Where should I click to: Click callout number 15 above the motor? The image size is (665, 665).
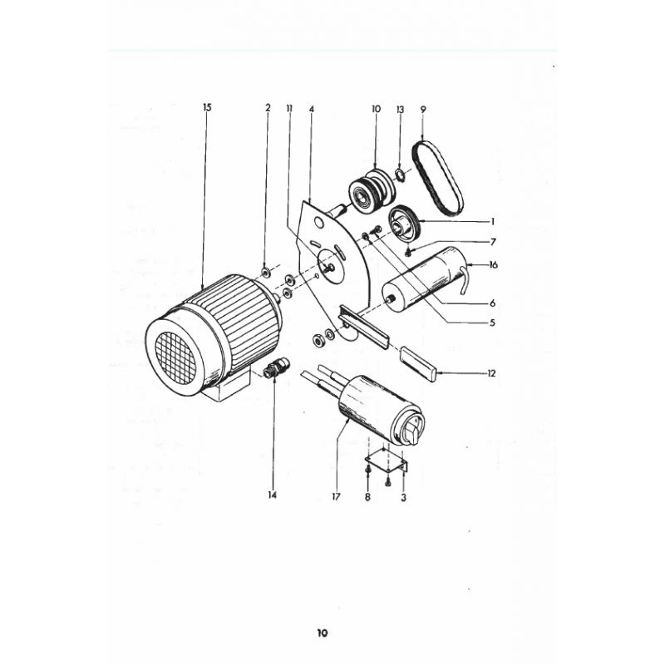coord(207,107)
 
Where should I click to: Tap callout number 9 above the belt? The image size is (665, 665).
coord(423,109)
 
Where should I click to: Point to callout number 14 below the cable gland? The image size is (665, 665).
coord(273,495)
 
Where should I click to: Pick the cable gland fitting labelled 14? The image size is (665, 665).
coord(276,367)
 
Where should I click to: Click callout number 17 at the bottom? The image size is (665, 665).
coord(337,496)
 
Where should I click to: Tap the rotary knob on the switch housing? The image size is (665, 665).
coord(411,429)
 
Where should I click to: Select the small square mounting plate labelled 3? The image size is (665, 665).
coord(387,461)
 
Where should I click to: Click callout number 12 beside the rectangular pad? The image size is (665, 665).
coord(491,373)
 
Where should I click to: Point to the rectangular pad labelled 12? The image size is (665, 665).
coord(418,363)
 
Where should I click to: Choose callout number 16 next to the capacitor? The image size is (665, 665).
coord(493,265)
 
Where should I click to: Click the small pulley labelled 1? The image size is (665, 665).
coord(404,224)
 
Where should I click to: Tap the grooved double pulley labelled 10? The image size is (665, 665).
coord(372,188)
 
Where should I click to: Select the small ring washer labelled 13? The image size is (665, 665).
coord(400,174)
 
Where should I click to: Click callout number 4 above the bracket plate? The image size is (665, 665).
coord(312,109)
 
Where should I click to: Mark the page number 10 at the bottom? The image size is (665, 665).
coord(323,633)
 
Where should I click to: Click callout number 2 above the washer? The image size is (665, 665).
coord(268,108)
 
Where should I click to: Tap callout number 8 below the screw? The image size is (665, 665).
coord(367,496)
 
